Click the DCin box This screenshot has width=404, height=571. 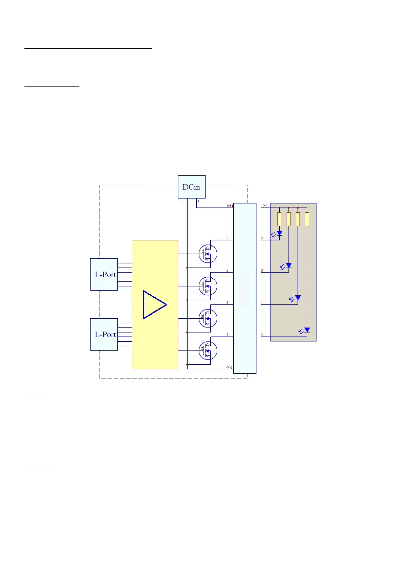pos(191,187)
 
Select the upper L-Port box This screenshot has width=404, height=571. pos(104,274)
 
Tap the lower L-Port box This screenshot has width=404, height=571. pos(104,334)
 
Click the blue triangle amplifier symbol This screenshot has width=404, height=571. pos(154,304)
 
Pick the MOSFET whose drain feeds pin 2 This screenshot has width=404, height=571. pos(208,254)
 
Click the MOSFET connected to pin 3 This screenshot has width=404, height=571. pos(208,286)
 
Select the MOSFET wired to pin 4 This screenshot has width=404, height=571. pos(208,318)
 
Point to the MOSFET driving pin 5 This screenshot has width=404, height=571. pos(208,351)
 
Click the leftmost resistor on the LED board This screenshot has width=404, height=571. pos(279,219)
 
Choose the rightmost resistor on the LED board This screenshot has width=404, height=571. pos(307,219)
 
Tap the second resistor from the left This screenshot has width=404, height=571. pos(288,219)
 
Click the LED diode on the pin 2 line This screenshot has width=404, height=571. pos(280,233)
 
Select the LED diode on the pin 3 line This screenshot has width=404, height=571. pos(289,265)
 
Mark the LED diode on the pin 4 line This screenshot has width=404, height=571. pos(298,298)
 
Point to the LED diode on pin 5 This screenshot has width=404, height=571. pos(307,330)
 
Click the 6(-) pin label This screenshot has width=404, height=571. pos(229,367)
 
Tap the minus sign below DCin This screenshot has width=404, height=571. pos(184,201)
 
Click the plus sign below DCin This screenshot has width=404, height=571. pos(198,201)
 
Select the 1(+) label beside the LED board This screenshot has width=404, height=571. pos(264,206)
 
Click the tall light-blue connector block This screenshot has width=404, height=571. pos(245,288)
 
